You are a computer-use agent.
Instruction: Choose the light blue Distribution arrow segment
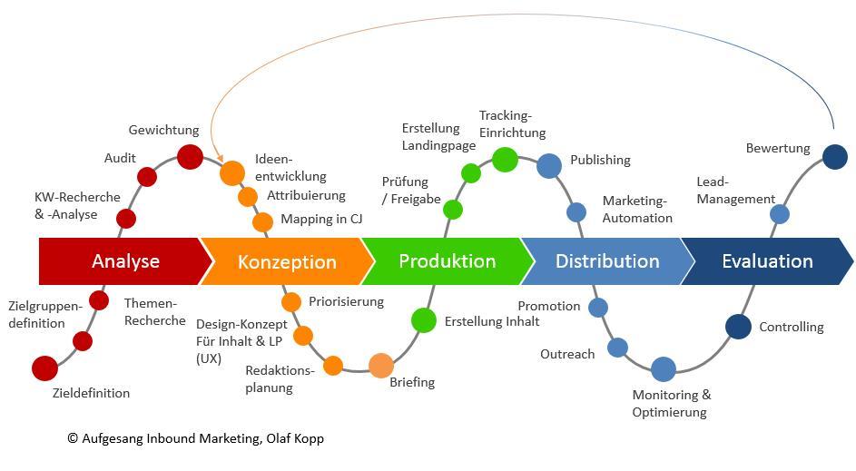tap(606, 261)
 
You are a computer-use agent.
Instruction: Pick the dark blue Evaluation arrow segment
tap(766, 261)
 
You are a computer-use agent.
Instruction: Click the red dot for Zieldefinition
tap(44, 368)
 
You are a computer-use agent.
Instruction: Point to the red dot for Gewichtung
tap(190, 157)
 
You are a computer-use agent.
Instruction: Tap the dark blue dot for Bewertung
tap(834, 157)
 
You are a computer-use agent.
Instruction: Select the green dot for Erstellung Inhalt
tap(424, 319)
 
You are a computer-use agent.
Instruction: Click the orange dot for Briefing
tap(381, 365)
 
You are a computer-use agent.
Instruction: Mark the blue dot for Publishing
tap(549, 165)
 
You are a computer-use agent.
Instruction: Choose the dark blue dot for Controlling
tap(738, 327)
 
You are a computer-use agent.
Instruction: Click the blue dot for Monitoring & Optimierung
tap(664, 368)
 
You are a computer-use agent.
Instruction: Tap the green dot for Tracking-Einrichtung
tap(505, 160)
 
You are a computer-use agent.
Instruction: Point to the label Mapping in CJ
tap(321, 219)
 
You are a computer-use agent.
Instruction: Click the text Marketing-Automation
tap(637, 210)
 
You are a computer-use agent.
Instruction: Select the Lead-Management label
tap(735, 191)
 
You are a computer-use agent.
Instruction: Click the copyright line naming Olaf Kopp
tap(195, 438)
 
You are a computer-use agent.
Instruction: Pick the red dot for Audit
tap(147, 177)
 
